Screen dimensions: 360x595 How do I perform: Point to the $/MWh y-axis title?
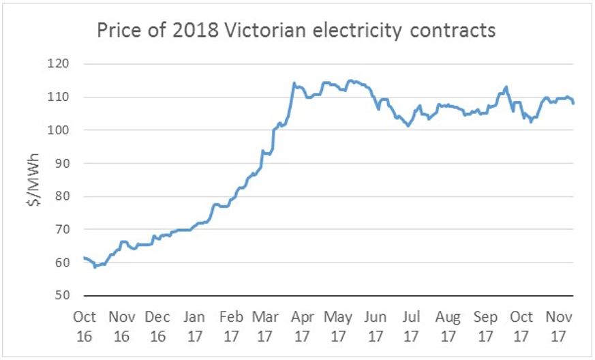[37, 179]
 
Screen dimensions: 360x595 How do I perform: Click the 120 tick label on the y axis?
[66, 64]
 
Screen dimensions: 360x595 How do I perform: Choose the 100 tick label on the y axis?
[66, 130]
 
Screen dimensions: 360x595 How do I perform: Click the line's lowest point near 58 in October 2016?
[95, 267]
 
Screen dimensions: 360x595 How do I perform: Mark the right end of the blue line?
[573, 103]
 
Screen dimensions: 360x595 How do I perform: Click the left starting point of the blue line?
[83, 258]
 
